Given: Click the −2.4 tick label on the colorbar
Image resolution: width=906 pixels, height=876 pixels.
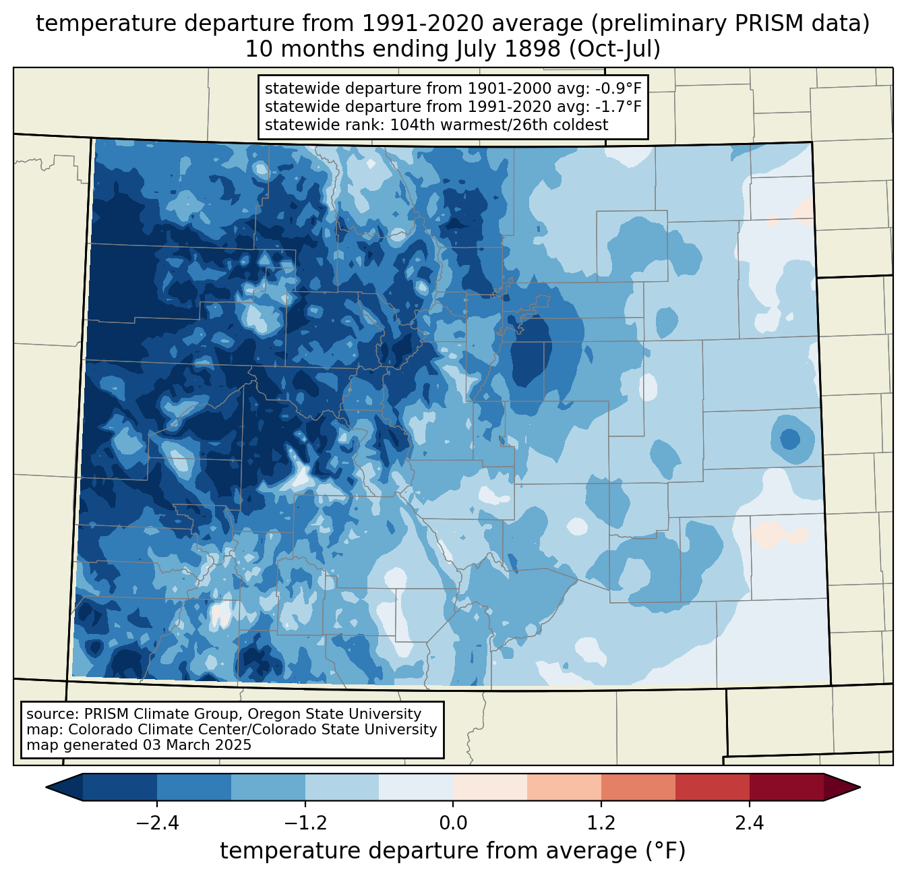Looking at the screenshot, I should pos(157,823).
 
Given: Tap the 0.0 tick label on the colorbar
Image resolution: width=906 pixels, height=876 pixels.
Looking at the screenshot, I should pos(453,823).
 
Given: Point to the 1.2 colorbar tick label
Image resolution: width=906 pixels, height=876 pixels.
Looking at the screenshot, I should pos(601,823).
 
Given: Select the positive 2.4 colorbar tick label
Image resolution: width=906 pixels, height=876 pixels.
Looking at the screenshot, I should pos(749,823).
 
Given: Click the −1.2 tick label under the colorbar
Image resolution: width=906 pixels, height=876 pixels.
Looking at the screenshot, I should pos(305,823).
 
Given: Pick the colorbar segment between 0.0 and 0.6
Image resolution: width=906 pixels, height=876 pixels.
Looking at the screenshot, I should pos(490,787).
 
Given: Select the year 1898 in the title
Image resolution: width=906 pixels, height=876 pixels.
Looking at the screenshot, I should pos(533,50).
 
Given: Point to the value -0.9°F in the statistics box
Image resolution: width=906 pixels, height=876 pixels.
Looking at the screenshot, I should pos(617,89).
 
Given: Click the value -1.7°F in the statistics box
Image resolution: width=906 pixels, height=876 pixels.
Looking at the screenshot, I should pos(617,107).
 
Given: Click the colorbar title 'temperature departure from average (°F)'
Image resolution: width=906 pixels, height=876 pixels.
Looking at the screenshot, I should pos(452,851).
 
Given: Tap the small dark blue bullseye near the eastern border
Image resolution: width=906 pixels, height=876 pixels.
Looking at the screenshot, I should pos(790,440).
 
